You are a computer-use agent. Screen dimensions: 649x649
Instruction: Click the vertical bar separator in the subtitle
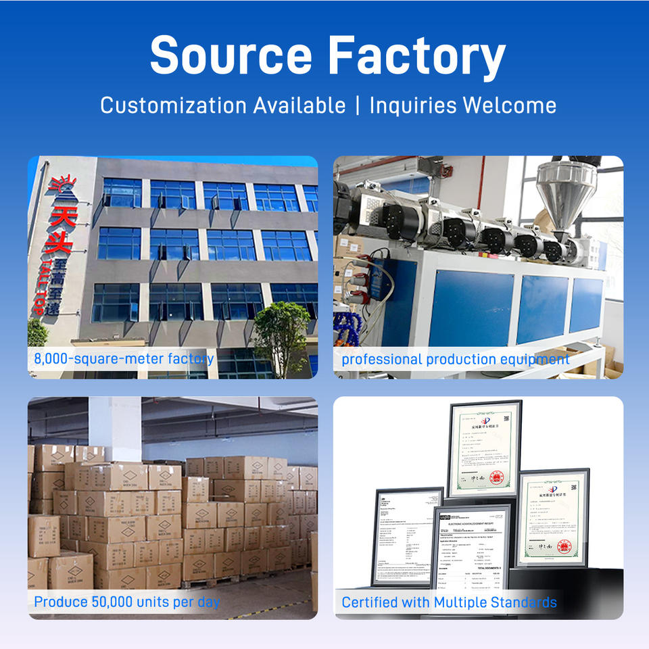pos(357,105)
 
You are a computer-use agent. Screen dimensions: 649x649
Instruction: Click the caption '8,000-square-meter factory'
pos(124,359)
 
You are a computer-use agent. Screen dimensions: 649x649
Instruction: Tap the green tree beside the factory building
pos(280,338)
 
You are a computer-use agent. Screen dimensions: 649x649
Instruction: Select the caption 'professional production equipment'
pos(455,359)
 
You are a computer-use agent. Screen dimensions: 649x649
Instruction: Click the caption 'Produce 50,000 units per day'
pos(127,601)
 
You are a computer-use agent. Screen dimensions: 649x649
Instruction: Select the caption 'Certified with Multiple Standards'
pos(449,602)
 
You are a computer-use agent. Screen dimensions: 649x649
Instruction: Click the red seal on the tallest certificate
pos(498,478)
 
